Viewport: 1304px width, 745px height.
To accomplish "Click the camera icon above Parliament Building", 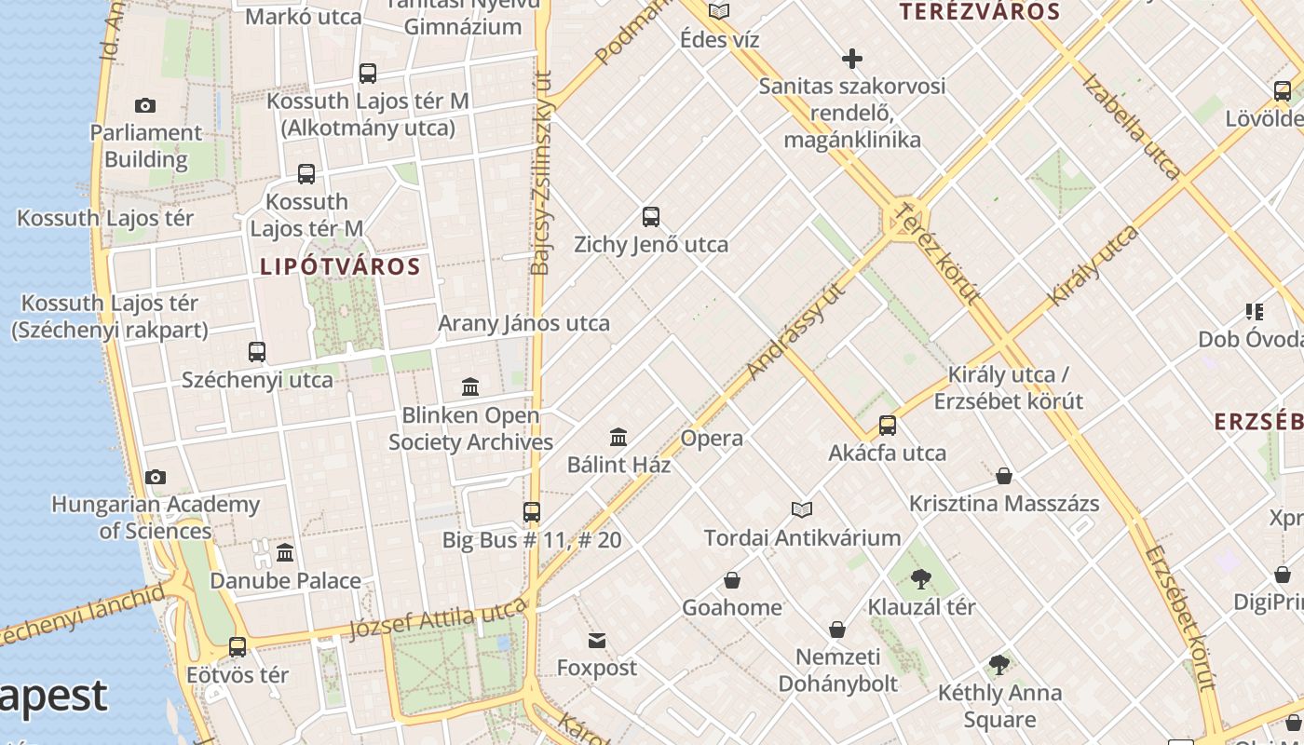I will click(x=145, y=105).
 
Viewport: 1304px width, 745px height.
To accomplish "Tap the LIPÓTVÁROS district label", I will click(x=340, y=267).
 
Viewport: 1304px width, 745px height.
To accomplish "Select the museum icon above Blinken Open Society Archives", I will click(x=470, y=386).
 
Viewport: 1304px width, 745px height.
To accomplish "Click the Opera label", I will click(x=712, y=439).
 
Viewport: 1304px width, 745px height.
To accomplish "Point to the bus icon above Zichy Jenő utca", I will click(x=651, y=217).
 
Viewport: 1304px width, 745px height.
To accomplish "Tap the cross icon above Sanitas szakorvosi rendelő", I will click(x=851, y=59).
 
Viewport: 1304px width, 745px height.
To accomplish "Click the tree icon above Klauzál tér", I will click(x=921, y=579).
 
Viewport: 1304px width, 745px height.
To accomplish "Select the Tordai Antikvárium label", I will click(x=802, y=538).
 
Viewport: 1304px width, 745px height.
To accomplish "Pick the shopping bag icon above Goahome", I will click(x=732, y=581).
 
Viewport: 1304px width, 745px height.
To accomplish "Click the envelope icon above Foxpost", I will click(x=597, y=641).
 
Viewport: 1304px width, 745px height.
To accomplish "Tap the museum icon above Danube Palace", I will click(x=285, y=553).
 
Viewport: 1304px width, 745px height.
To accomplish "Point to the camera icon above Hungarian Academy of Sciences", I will click(x=156, y=478).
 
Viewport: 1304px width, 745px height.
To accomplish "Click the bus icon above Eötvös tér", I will click(x=238, y=646).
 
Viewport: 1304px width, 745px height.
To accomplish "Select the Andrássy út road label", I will click(x=796, y=330).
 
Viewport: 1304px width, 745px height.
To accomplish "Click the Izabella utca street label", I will click(x=1131, y=126).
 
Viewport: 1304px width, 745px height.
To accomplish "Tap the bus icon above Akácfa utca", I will click(x=888, y=426).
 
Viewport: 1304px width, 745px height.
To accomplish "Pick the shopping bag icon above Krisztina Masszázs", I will click(x=1004, y=477).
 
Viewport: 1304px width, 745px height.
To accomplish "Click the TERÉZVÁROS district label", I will click(x=980, y=12).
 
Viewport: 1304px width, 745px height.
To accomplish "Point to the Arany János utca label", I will click(x=523, y=324).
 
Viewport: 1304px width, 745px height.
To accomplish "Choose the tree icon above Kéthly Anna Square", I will click(x=999, y=665).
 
